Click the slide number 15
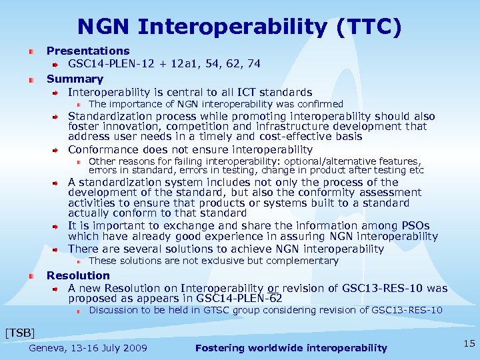tap(469, 343)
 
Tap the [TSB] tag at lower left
tap(19, 332)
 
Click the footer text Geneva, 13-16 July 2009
tap(88, 348)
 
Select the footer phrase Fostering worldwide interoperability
tap(291, 348)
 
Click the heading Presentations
tap(88, 51)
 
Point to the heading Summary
tap(75, 79)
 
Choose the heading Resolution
tap(78, 275)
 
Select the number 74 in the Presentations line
tap(253, 64)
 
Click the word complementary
tap(297, 261)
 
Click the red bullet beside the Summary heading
tap(31, 79)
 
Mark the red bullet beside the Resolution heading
tap(31, 275)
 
